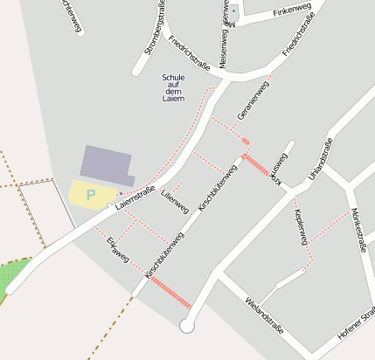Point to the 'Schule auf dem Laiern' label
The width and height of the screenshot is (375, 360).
(x=174, y=88)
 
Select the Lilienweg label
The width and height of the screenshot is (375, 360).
(x=175, y=202)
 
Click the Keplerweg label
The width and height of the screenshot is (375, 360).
(x=301, y=226)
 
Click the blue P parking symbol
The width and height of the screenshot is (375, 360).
(x=90, y=195)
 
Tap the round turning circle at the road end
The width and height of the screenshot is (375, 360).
(x=185, y=326)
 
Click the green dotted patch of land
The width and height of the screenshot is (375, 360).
(x=9, y=276)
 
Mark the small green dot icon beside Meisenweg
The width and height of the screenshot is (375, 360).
(x=233, y=10)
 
